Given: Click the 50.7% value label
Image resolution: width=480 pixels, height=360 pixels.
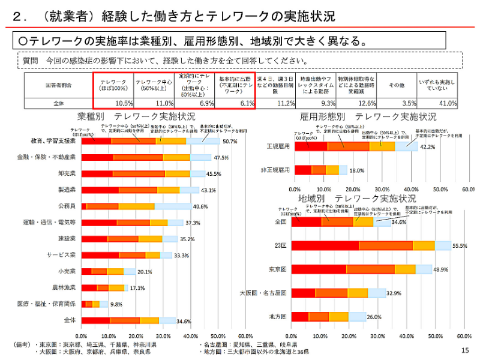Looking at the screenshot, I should click(x=230, y=142).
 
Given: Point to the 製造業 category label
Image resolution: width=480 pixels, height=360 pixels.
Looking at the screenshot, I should click(x=65, y=190).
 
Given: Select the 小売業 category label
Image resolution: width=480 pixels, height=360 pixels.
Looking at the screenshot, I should click(x=65, y=271).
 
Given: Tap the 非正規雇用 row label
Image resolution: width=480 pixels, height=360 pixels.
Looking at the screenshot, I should click(x=277, y=170).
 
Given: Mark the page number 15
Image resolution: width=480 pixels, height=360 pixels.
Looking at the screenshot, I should click(x=464, y=351).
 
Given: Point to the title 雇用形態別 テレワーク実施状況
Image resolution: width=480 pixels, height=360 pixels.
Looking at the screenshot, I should click(x=368, y=116).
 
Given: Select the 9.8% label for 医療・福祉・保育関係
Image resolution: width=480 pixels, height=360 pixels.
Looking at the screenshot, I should click(x=116, y=304).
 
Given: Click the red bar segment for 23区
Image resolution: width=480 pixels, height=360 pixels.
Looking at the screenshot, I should click(x=325, y=245).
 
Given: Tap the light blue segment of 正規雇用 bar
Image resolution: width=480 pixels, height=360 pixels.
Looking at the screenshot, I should click(x=406, y=146).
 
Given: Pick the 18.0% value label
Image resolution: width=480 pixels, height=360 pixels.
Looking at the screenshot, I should click(x=356, y=170).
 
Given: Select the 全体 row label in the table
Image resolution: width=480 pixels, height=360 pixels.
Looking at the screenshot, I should click(x=58, y=103).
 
